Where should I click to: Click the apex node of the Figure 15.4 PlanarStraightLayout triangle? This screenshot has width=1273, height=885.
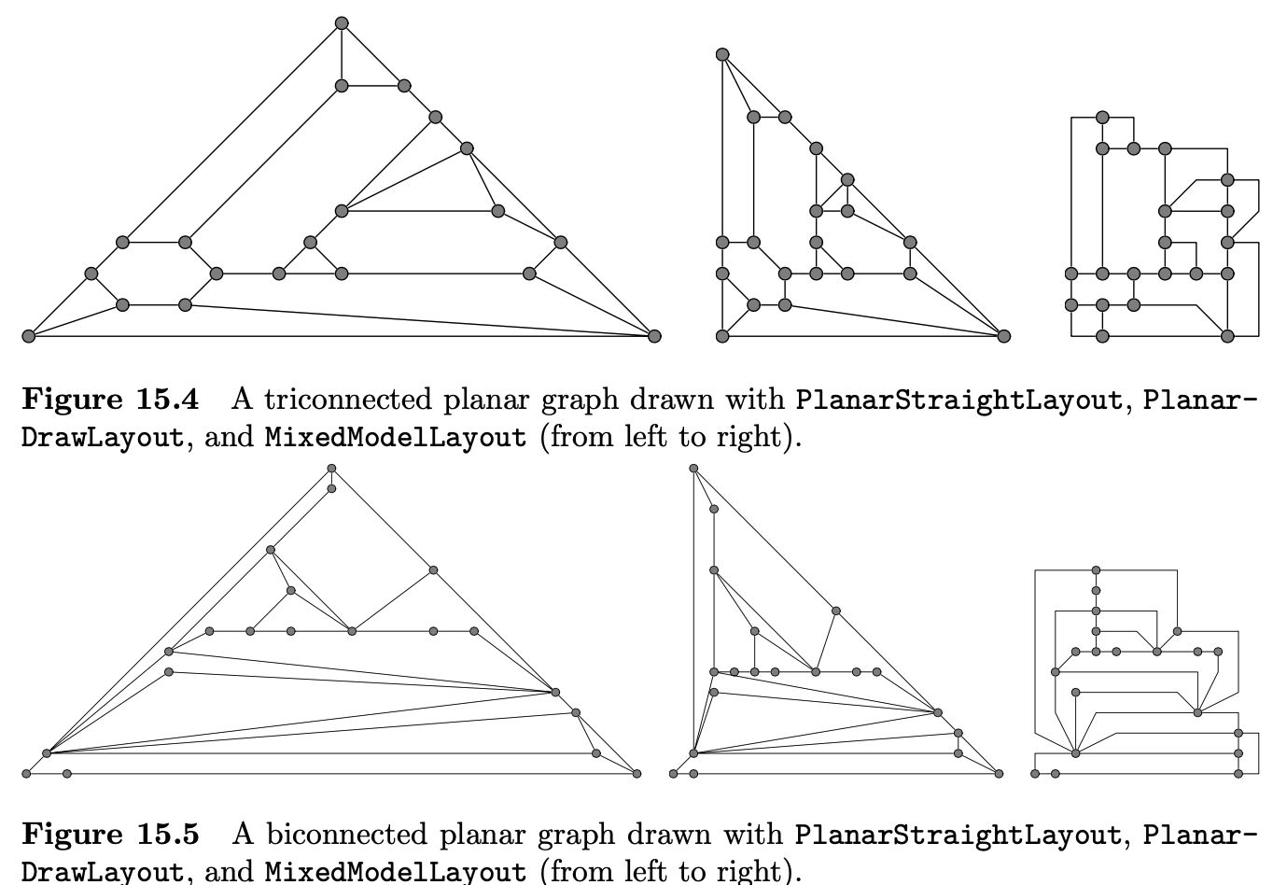click(x=342, y=23)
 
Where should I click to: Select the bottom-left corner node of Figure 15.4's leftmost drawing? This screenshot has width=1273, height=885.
click(x=28, y=336)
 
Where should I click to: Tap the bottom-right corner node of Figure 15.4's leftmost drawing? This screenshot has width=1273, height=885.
click(x=654, y=336)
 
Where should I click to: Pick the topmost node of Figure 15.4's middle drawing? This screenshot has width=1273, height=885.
click(x=721, y=54)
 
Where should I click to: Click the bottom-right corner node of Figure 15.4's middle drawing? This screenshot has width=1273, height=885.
click(x=1003, y=336)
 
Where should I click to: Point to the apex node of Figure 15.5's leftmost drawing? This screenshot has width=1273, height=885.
click(x=331, y=469)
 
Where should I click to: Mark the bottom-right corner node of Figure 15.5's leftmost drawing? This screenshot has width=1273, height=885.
click(x=637, y=773)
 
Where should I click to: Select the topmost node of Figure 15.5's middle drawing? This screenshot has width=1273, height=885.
click(x=693, y=469)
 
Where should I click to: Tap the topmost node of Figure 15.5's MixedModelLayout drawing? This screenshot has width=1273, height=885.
click(x=1096, y=569)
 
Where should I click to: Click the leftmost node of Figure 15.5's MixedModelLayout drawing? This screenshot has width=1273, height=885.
click(x=1035, y=773)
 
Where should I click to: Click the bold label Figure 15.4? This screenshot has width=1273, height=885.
click(x=110, y=400)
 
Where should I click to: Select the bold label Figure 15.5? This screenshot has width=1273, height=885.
click(x=110, y=834)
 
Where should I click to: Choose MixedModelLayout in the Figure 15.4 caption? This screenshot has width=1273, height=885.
click(x=396, y=437)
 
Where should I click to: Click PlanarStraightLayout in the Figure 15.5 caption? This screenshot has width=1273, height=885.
click(x=958, y=834)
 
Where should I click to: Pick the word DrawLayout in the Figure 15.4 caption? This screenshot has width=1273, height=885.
click(x=102, y=437)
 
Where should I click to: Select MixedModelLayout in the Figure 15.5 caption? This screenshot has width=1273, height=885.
click(x=396, y=872)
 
